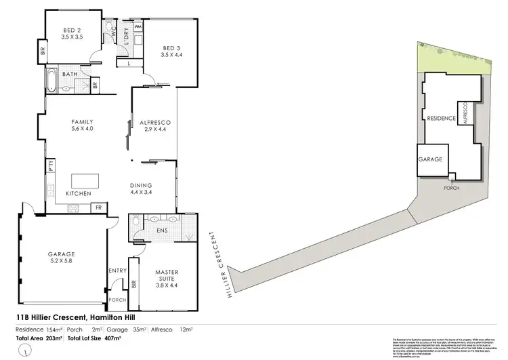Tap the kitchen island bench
point(85,181)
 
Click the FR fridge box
point(98,207)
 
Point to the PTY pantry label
point(51,167)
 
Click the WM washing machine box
point(137,26)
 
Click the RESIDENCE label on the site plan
point(441,118)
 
